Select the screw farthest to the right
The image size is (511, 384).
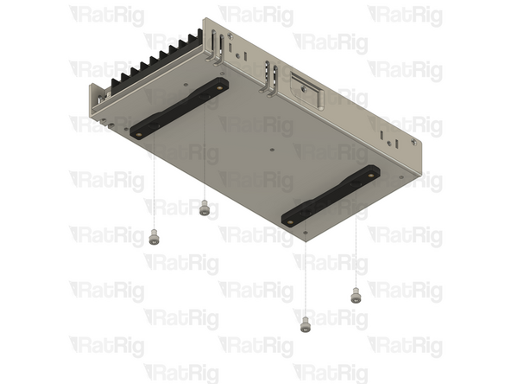point(354,296)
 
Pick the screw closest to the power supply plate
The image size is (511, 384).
point(205,208)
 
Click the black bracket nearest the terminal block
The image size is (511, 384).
point(180,108)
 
